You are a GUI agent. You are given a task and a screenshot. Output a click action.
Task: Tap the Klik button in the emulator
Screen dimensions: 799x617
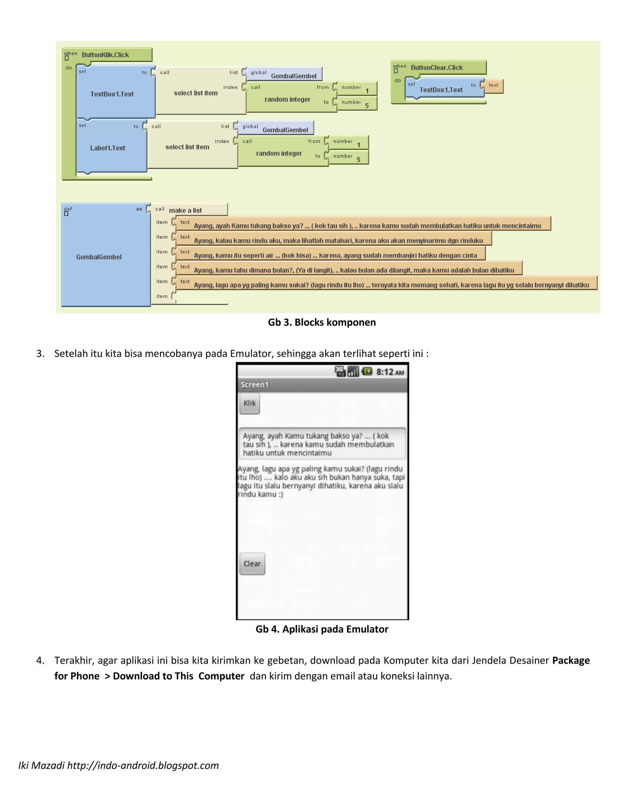[250, 403]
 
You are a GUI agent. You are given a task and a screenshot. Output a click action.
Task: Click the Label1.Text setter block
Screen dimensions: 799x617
[108, 148]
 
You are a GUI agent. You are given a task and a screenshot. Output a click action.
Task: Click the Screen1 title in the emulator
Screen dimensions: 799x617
[255, 384]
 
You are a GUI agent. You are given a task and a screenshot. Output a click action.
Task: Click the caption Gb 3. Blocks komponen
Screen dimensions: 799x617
[322, 322]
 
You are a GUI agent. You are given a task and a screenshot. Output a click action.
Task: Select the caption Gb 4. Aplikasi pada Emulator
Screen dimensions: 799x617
[322, 629]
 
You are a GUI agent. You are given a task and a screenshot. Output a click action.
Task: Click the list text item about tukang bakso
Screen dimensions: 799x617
[367, 226]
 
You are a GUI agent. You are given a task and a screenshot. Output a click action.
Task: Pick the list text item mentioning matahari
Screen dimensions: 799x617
[338, 240]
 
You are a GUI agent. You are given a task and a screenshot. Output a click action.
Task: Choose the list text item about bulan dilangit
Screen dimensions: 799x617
[353, 270]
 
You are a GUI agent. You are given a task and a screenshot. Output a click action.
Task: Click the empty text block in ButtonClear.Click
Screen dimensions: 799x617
[493, 86]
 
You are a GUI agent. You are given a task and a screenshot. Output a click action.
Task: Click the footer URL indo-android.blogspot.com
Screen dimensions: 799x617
[143, 765]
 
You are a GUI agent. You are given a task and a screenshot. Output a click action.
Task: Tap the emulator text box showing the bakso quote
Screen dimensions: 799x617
[322, 444]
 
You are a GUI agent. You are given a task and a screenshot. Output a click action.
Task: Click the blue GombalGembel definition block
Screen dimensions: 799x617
[99, 257]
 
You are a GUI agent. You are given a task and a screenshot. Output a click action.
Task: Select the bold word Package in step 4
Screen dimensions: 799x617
[571, 660]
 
